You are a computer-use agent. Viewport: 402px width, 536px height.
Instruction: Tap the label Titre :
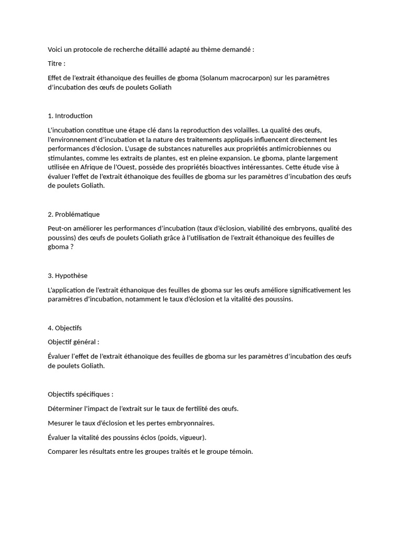(56, 63)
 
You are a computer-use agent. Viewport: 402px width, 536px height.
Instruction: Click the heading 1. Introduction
(70, 116)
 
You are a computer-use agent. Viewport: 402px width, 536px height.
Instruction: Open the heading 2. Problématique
(73, 214)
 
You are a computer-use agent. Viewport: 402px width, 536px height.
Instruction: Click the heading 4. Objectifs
(64, 328)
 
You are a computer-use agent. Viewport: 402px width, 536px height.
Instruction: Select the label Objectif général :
(73, 342)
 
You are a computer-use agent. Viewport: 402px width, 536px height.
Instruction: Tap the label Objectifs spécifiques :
(80, 394)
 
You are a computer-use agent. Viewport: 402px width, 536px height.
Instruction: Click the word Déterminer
(65, 408)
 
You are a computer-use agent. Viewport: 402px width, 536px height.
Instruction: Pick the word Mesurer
(60, 423)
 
